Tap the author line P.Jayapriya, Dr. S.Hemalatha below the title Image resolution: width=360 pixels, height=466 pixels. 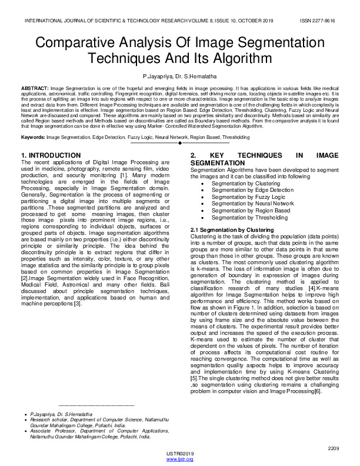tap(179, 77)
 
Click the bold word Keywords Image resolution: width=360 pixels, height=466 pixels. tap(33, 137)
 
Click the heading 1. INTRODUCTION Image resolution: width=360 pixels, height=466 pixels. tap(49, 155)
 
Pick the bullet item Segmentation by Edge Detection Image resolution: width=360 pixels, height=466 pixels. tap(252, 191)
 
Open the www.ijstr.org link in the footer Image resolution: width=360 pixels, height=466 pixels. tap(180, 459)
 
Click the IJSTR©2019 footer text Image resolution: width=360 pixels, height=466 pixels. tap(180, 454)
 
